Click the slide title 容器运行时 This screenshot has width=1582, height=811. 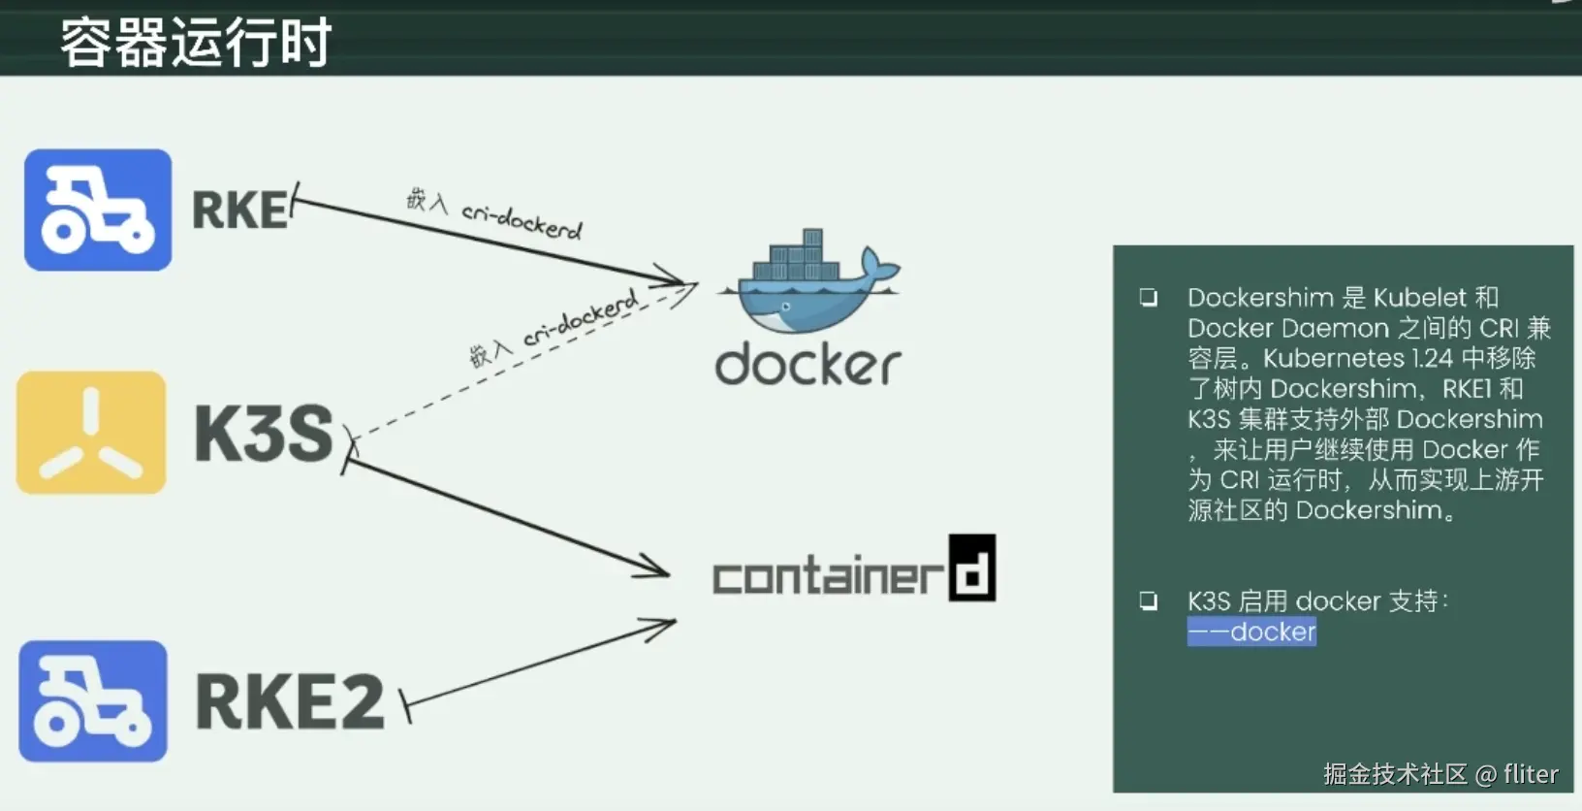coord(196,43)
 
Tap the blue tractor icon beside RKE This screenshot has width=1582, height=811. coord(98,210)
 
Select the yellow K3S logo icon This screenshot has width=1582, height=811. coord(91,432)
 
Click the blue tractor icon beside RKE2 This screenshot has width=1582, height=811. coord(93,700)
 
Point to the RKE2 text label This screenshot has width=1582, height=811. coord(290,700)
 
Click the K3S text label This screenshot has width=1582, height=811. coord(264,434)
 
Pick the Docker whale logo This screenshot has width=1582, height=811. coord(809,280)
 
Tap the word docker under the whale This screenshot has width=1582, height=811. coord(807,365)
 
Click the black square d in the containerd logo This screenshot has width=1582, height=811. coord(972,568)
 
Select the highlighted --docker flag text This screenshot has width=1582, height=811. coord(1251,632)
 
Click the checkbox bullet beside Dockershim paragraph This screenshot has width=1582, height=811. coord(1149,297)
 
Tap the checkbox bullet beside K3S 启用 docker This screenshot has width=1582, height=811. coord(1149,601)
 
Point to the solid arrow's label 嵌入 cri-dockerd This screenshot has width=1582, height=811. coord(494,214)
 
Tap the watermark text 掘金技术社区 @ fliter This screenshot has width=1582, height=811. coord(1440,774)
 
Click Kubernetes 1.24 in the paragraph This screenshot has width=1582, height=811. coord(1358,359)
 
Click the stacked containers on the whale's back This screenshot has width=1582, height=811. coord(796,256)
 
